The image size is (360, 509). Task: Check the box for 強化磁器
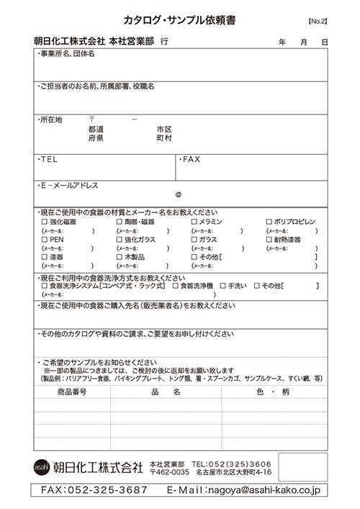[45, 222]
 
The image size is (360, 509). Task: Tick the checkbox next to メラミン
[194, 222]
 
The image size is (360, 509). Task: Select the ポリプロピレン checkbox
[269, 222]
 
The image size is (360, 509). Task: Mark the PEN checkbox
[45, 239]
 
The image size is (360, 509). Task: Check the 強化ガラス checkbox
[119, 239]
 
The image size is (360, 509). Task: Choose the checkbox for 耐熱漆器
[269, 239]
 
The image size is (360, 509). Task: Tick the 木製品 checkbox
[119, 256]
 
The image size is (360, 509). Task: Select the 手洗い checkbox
[243, 287]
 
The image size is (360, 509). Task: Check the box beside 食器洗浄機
[176, 287]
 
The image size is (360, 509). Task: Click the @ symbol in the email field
[178, 194]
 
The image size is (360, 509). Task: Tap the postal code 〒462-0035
[169, 472]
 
